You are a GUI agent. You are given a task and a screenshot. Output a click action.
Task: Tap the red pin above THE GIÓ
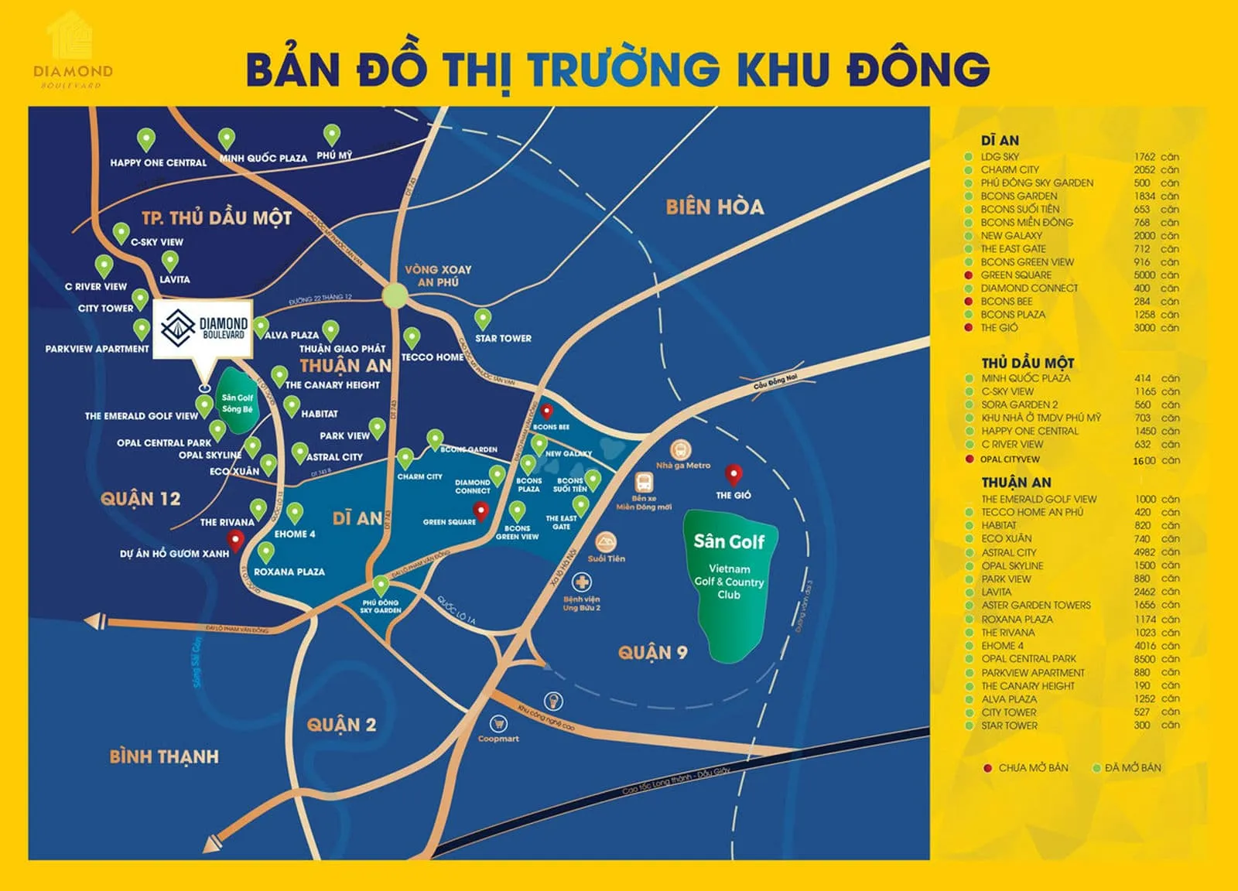[733, 473]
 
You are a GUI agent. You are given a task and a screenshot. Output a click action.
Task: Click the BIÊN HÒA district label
[714, 207]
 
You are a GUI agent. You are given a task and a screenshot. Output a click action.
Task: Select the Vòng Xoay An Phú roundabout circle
[395, 295]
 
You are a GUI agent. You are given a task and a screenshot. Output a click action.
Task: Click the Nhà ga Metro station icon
[681, 449]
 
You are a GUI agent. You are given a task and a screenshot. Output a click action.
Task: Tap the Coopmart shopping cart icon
[498, 724]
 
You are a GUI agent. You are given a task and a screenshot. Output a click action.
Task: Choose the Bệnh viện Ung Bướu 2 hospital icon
[581, 582]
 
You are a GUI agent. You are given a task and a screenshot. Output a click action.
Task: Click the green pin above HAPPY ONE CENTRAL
[146, 139]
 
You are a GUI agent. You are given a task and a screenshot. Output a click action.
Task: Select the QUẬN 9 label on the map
[652, 653]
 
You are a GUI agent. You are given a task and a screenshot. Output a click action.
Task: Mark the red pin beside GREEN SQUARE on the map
[480, 510]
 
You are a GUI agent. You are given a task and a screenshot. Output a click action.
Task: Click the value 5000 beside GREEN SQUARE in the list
[1144, 275]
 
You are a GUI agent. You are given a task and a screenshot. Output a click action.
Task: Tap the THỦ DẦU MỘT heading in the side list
[1028, 363]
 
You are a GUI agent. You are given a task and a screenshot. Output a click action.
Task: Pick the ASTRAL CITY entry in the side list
[1008, 552]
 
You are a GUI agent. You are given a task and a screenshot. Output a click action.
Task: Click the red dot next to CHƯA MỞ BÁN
[987, 768]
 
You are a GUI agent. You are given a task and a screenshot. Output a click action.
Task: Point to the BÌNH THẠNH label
[164, 756]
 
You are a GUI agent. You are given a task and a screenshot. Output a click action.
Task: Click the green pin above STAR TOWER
[483, 317]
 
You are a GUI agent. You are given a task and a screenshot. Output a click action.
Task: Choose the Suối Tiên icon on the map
[606, 541]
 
